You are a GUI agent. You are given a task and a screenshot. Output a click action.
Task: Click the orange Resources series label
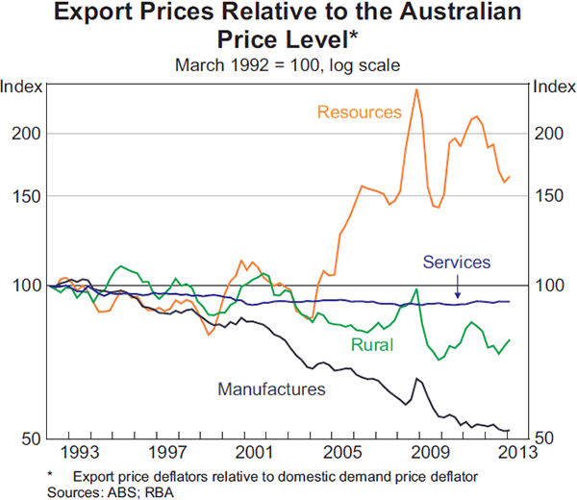click(359, 112)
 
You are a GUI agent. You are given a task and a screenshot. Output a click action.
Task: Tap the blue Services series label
click(457, 262)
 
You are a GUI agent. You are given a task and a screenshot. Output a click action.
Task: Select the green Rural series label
click(369, 345)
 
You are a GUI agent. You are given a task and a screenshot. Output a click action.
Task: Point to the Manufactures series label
click(272, 389)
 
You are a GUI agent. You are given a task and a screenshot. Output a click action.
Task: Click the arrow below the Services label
click(458, 287)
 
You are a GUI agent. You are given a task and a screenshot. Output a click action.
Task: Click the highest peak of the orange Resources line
click(415, 89)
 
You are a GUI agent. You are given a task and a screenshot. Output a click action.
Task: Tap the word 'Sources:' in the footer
click(73, 491)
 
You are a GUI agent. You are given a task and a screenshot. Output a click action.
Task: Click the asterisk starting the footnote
click(49, 475)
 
